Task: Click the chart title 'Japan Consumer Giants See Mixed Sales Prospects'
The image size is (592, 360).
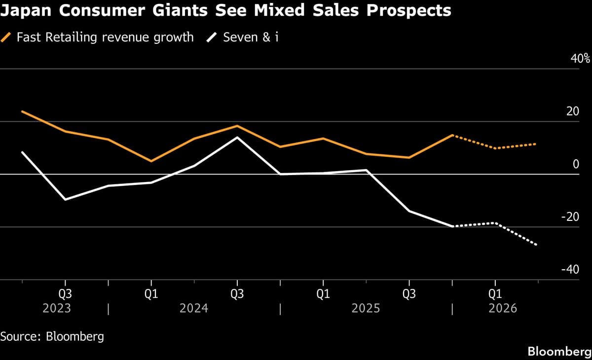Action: point(225,10)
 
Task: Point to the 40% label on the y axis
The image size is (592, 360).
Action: point(580,58)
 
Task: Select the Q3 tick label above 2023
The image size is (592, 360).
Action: point(65,294)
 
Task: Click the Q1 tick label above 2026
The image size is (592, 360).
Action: point(495,294)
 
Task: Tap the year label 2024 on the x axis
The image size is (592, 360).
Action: point(194,309)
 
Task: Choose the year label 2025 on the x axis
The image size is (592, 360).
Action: point(366,309)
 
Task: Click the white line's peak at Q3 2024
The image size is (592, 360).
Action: point(237,137)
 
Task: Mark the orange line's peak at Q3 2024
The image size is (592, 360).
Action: point(237,126)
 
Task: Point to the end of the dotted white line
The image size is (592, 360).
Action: point(537,245)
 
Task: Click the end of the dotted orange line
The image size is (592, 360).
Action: point(537,144)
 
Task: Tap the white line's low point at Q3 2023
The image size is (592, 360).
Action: point(65,200)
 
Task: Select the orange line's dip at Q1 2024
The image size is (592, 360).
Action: point(151,161)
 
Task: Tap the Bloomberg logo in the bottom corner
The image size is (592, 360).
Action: point(559,352)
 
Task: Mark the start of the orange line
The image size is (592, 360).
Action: point(22,111)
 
